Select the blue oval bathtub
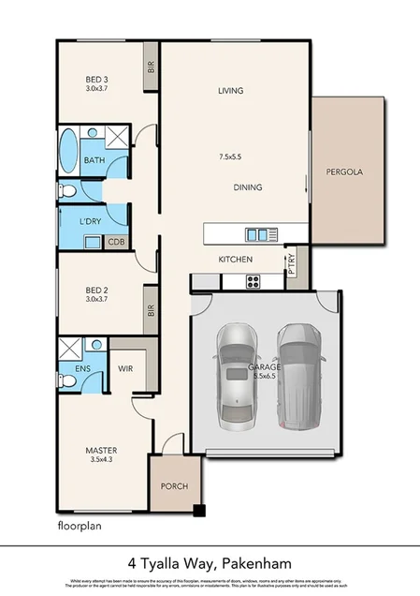click(x=69, y=148)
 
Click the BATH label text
click(x=94, y=160)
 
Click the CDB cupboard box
click(x=116, y=242)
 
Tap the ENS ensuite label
click(x=82, y=369)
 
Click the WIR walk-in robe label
click(x=125, y=369)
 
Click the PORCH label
click(x=174, y=485)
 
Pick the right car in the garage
click(x=299, y=375)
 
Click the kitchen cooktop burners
click(x=253, y=281)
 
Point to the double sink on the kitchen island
click(x=255, y=233)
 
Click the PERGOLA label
click(x=343, y=172)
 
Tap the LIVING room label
click(x=231, y=91)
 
